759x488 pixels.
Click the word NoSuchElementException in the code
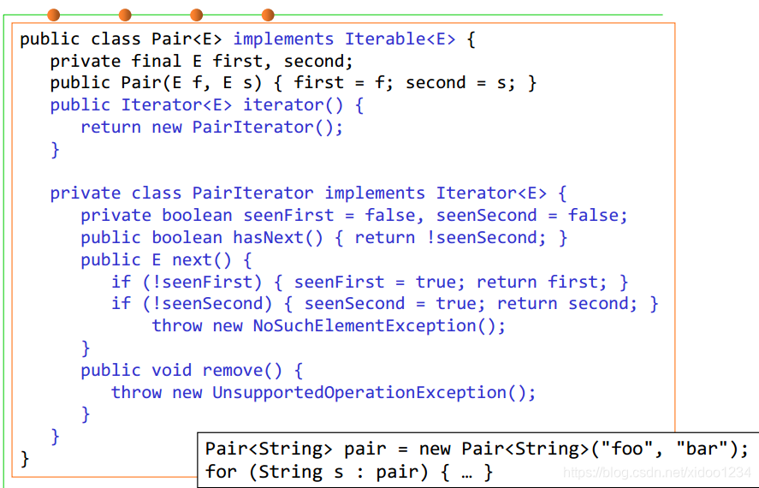tap(379, 326)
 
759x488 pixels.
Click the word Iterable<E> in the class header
tap(400, 39)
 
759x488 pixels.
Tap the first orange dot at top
tap(54, 15)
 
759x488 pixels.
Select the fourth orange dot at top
tap(268, 15)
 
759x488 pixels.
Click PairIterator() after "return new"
tap(267, 128)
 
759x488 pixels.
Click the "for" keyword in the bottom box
tap(220, 472)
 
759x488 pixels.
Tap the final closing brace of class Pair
tap(25, 459)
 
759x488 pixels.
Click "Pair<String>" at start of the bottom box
tap(270, 449)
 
